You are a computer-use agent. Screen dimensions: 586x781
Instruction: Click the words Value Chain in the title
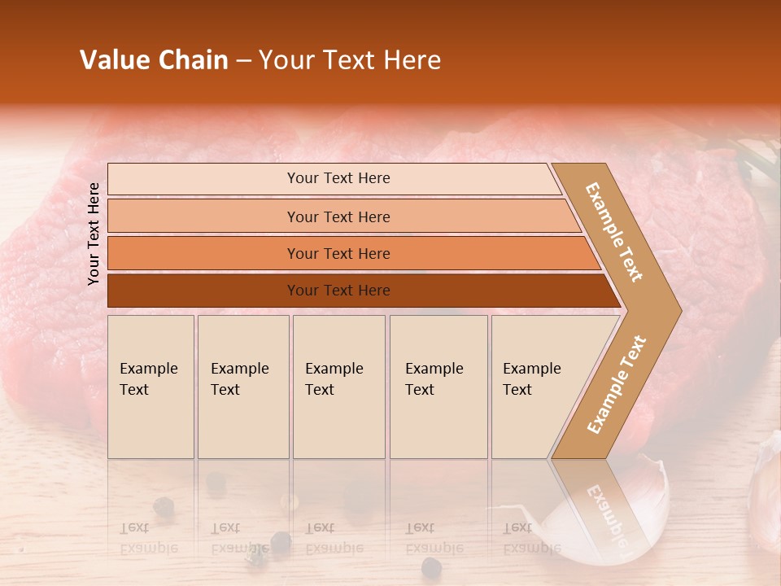coord(154,60)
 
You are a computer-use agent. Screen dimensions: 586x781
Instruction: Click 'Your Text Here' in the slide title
coord(350,60)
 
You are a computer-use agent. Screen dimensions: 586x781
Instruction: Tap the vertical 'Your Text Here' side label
coord(94,234)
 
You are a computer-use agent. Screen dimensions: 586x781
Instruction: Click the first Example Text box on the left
coord(151,387)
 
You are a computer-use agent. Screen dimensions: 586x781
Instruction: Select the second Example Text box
coord(242,387)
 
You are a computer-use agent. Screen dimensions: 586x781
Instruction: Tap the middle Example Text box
coord(338,387)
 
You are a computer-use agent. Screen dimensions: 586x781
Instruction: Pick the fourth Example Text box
coord(438,387)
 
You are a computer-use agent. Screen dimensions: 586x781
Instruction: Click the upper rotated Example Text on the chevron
coord(614,232)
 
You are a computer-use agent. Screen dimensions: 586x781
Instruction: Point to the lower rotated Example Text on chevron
coord(616,384)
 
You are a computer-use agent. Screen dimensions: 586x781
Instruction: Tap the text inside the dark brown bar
coord(338,291)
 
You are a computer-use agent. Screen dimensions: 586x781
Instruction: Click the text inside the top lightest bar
coord(338,178)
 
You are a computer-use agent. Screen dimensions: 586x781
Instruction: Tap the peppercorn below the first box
coord(164,505)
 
